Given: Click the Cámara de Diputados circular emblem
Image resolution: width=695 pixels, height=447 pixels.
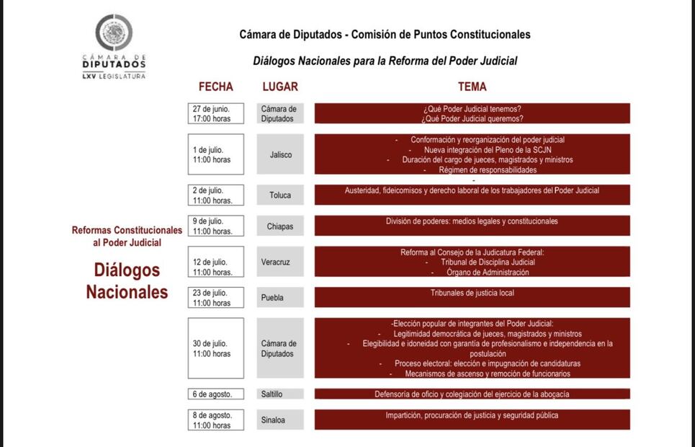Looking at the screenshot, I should [114, 32].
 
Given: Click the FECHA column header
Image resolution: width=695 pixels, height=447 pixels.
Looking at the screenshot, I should [216, 87].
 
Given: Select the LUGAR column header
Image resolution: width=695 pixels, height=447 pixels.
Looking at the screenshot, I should [280, 87].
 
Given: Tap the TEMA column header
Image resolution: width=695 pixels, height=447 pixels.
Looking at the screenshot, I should [472, 87].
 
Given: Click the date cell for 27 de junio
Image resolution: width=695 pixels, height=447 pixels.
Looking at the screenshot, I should [216, 113].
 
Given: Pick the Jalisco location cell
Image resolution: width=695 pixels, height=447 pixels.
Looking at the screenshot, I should [280, 154].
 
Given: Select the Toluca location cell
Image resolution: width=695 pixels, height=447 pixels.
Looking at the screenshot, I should [280, 195].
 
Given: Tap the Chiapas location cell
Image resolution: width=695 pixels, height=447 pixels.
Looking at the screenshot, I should [280, 226].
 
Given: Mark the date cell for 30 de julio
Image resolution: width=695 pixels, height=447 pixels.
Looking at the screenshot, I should [216, 348].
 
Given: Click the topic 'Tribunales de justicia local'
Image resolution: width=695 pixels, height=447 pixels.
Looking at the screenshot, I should [472, 293].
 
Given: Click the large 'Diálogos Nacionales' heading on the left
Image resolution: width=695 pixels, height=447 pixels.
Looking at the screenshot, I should [127, 280].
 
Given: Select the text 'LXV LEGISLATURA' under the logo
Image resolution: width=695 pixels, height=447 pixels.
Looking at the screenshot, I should [114, 76].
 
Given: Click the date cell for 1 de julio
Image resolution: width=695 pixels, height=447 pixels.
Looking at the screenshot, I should [216, 154].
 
